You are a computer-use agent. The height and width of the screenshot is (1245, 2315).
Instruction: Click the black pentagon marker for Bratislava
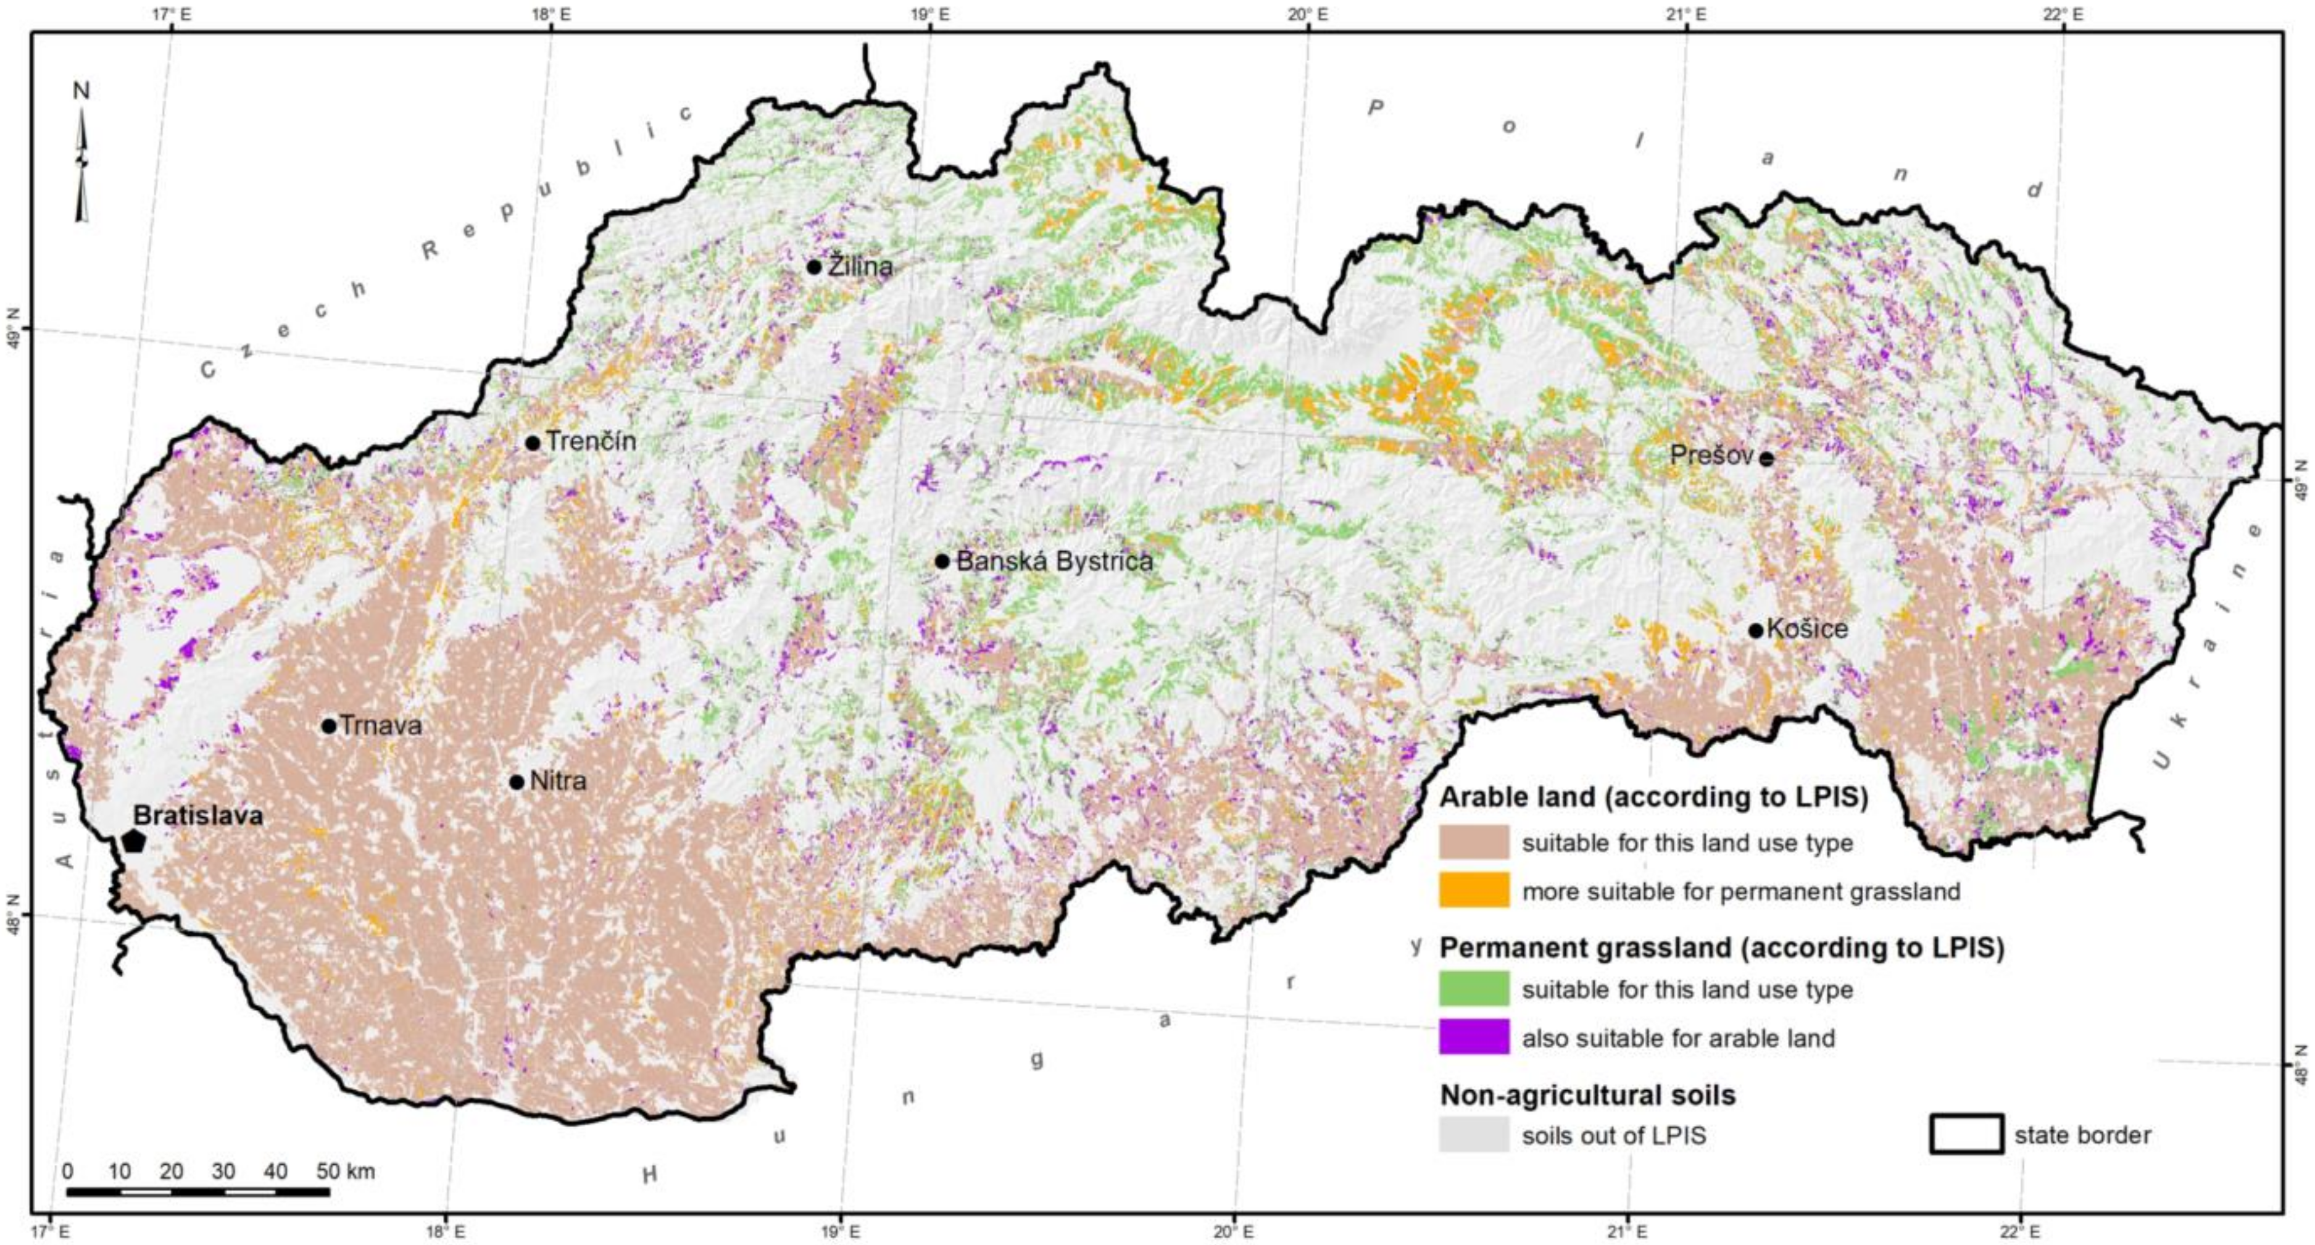134,841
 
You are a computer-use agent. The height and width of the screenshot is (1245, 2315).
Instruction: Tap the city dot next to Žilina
814,267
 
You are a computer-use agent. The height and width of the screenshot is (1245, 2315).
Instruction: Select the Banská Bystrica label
1054,562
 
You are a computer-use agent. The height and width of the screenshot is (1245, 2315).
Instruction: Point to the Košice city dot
1755,630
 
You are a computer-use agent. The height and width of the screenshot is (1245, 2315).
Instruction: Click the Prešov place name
1710,456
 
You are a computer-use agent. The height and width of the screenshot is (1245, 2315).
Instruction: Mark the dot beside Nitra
517,782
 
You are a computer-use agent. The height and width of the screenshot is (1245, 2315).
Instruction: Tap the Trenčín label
591,441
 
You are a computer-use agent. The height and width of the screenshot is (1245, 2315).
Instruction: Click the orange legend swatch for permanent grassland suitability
1474,891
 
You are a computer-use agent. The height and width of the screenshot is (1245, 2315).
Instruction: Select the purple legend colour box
1474,1038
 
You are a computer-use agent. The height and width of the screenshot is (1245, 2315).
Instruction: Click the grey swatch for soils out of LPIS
1474,1135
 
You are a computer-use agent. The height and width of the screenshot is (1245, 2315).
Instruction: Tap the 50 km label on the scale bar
345,1172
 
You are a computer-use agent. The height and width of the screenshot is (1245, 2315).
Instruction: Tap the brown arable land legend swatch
1474,843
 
